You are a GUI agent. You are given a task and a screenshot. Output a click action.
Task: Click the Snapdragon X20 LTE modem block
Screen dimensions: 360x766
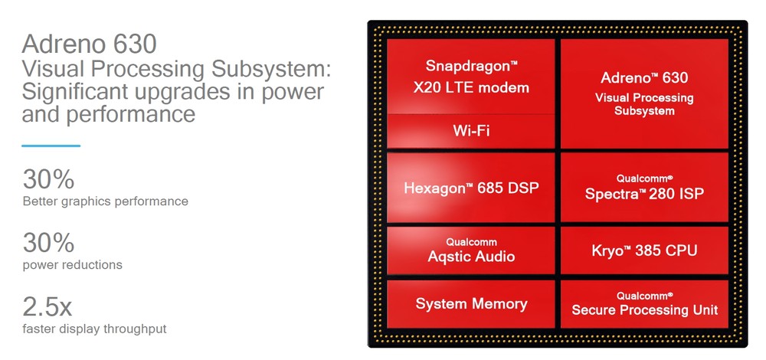click(x=470, y=77)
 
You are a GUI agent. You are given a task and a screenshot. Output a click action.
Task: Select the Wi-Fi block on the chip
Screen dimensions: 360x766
click(x=470, y=131)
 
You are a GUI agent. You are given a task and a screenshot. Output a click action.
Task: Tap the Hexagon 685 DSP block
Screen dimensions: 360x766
click(x=470, y=187)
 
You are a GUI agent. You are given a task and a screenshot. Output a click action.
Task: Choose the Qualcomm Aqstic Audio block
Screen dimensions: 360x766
click(x=470, y=250)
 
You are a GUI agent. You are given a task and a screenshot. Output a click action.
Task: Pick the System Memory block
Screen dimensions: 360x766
click(x=470, y=304)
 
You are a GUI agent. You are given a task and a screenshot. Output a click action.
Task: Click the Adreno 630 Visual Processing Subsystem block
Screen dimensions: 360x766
click(x=643, y=93)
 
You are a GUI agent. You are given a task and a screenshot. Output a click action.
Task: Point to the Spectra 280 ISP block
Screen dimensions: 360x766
click(x=643, y=187)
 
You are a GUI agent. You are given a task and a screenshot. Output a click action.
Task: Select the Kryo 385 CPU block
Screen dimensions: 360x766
click(x=643, y=250)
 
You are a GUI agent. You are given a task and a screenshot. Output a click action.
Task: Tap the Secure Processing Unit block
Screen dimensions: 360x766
click(x=643, y=304)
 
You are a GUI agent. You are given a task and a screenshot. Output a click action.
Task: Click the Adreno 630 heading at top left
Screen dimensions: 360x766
click(x=90, y=43)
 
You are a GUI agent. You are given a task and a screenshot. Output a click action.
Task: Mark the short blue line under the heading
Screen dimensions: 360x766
click(x=51, y=146)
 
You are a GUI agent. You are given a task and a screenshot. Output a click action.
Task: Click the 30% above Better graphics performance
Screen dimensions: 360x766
click(x=48, y=179)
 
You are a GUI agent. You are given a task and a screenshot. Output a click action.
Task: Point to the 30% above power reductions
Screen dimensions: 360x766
click(x=48, y=243)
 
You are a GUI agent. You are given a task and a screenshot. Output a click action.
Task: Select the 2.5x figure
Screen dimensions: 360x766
click(x=47, y=306)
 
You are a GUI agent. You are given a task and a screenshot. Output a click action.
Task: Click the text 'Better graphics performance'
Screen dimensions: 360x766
click(x=105, y=201)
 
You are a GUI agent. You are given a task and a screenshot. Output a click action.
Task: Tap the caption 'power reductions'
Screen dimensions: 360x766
click(x=72, y=265)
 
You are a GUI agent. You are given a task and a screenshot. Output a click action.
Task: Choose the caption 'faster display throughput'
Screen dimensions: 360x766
click(x=94, y=329)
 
